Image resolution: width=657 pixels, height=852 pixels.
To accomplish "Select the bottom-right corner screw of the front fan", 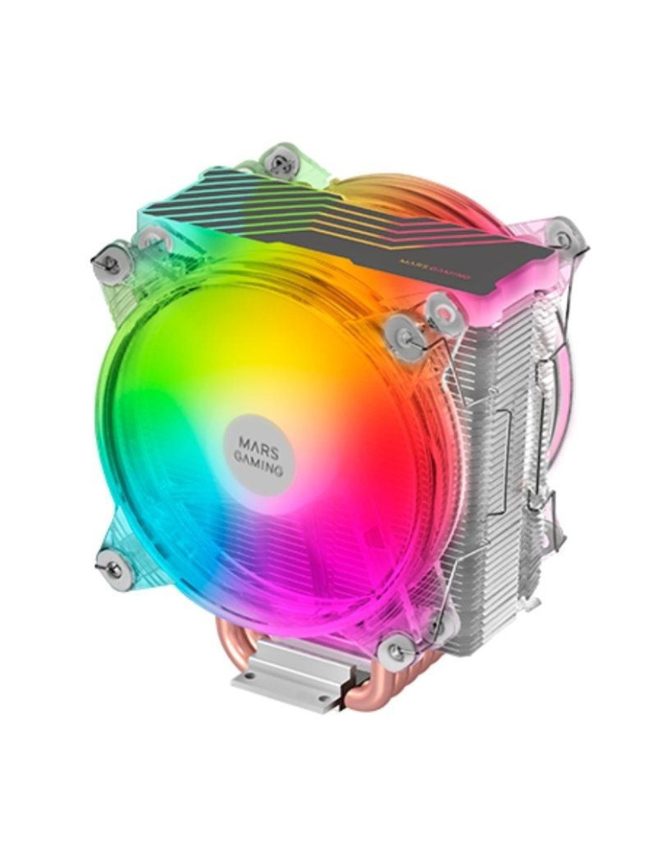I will (397, 652).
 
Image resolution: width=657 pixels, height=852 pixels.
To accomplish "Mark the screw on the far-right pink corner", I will (562, 236).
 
